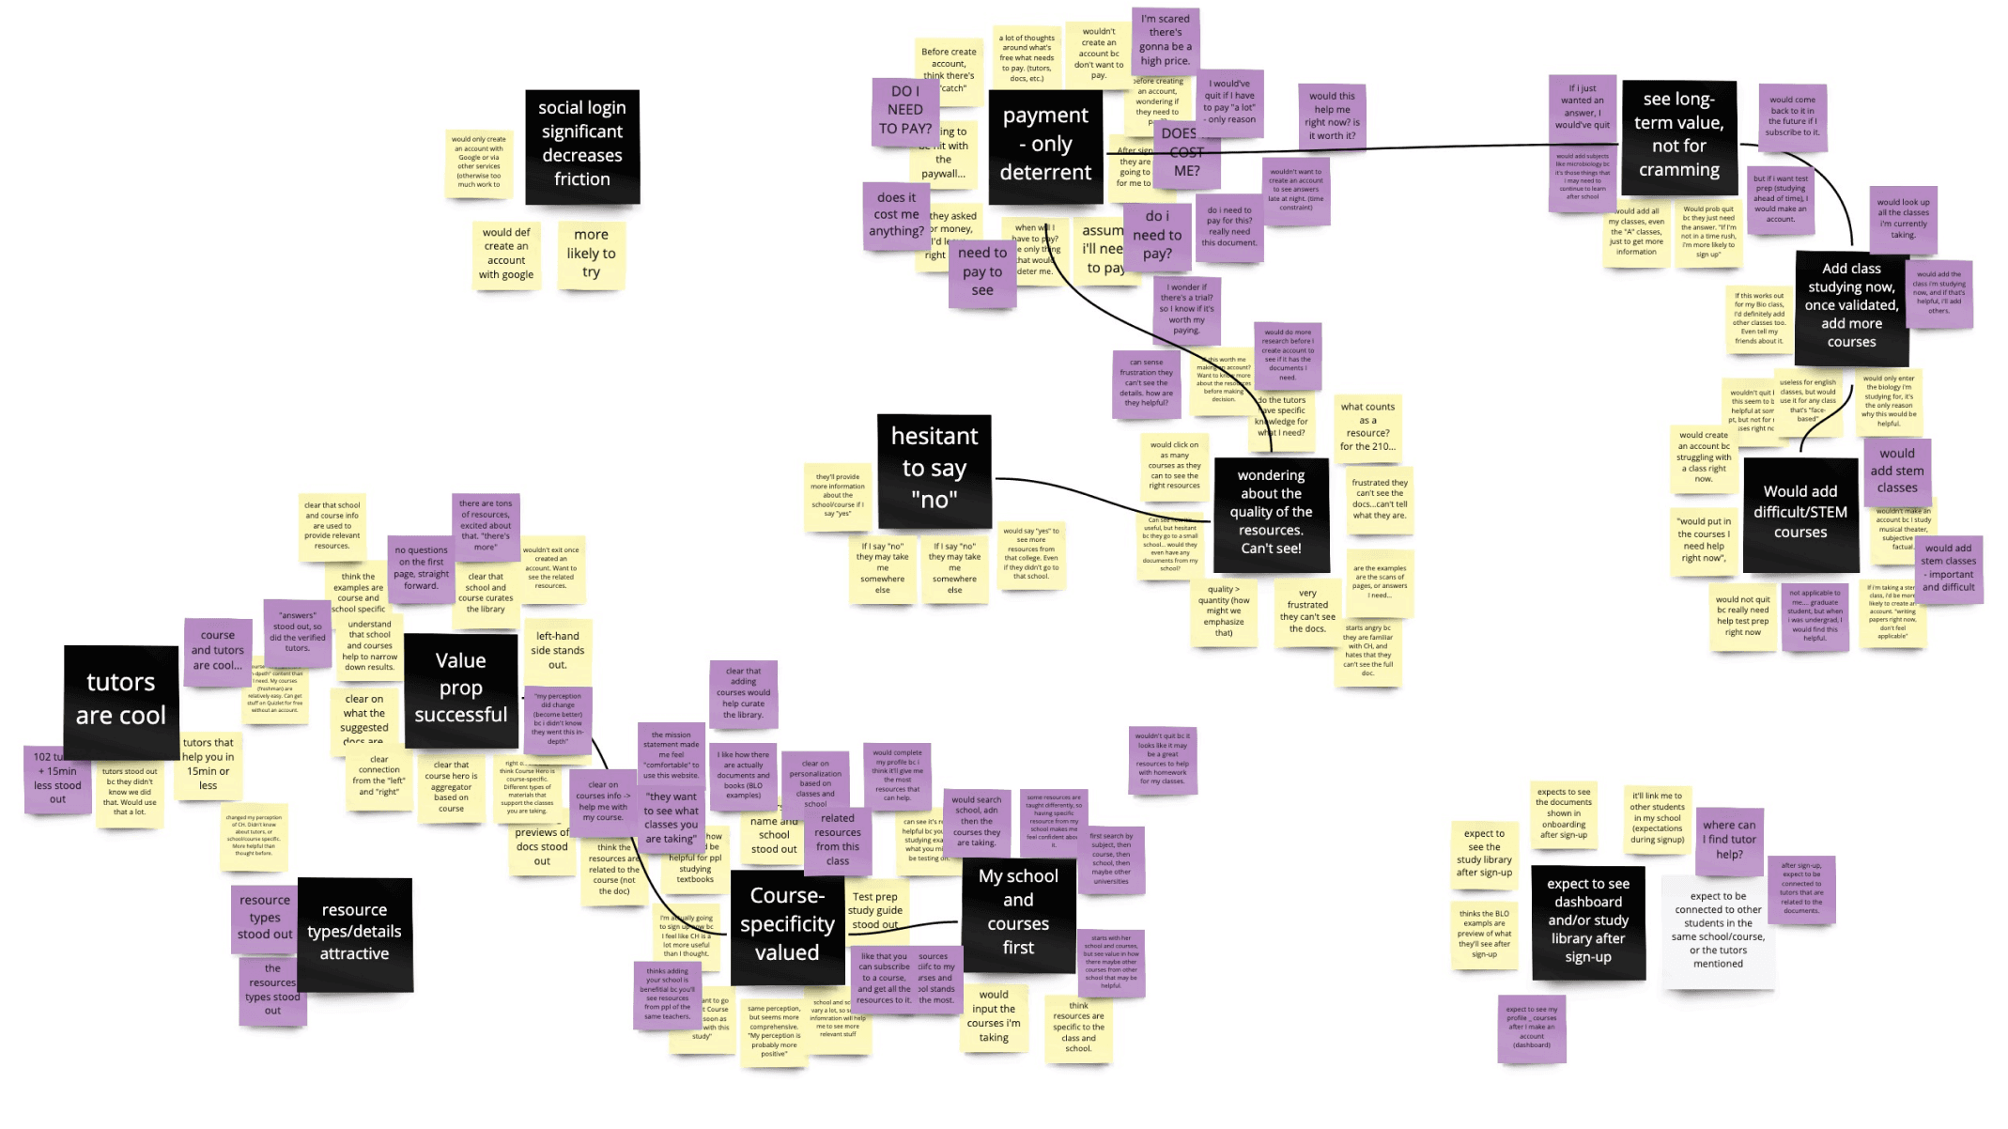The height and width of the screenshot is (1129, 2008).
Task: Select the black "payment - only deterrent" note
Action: (1045, 146)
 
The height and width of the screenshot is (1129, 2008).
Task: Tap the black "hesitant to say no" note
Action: (934, 469)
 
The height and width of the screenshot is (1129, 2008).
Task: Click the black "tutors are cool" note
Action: (120, 701)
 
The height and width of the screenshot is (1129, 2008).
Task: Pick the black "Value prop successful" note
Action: (460, 689)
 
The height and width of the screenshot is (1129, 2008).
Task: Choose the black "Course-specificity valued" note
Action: (786, 925)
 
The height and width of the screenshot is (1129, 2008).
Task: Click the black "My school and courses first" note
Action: (1018, 912)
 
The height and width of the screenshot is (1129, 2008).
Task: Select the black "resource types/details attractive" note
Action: (354, 933)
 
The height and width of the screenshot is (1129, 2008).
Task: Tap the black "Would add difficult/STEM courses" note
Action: (1799, 513)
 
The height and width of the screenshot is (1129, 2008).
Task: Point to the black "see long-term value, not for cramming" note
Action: (1678, 135)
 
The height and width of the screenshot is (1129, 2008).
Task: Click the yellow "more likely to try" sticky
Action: (591, 254)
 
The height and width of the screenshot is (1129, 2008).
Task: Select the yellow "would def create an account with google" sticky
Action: (506, 254)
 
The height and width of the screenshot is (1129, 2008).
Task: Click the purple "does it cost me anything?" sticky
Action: (896, 215)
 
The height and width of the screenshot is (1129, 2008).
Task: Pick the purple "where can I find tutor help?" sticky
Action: (1729, 840)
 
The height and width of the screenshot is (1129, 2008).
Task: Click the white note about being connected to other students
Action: (1718, 930)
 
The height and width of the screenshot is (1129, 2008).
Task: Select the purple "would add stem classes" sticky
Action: (1948, 567)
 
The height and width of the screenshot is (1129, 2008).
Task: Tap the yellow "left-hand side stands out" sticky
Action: (557, 650)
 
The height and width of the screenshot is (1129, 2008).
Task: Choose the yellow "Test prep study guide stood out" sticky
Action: (874, 910)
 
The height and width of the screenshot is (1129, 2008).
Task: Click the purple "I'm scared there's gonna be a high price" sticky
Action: (1165, 40)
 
